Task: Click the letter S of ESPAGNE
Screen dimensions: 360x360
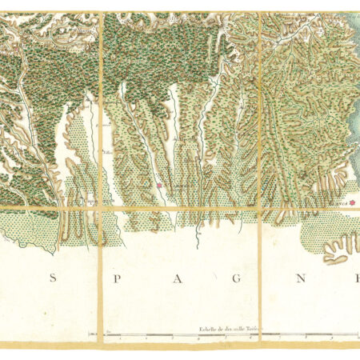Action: (54, 278)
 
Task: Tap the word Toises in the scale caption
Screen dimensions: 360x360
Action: (254, 328)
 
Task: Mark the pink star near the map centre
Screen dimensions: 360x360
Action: (159, 186)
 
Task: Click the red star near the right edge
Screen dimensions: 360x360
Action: (350, 203)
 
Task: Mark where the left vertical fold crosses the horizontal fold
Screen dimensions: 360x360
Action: (102, 209)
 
